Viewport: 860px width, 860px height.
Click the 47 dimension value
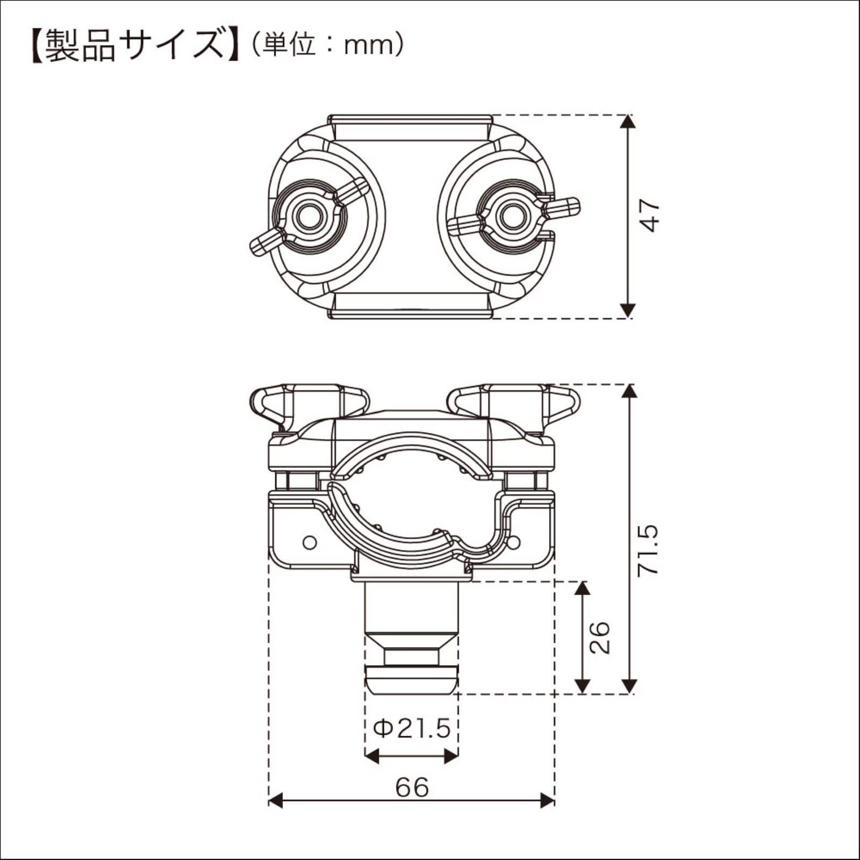(651, 215)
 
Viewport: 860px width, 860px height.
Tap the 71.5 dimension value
(647, 550)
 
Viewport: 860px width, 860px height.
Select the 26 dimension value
(600, 637)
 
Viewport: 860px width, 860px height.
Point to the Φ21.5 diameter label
(412, 729)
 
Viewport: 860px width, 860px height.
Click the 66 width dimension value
(412, 788)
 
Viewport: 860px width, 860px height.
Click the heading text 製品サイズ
(134, 46)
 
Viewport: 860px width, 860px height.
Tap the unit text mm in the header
(365, 47)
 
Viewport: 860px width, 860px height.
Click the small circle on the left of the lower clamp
(310, 542)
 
